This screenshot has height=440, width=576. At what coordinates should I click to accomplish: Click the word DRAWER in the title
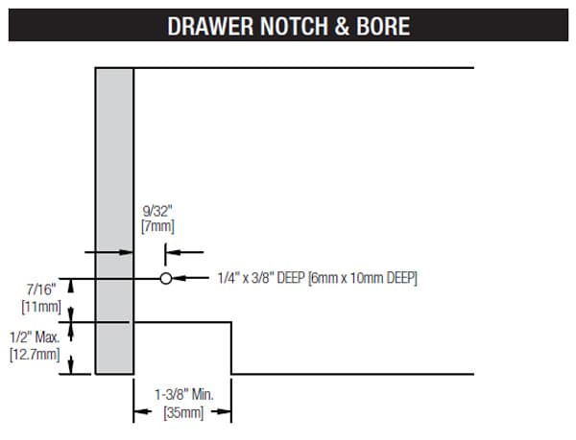pos(210,26)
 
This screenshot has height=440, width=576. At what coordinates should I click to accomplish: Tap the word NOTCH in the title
pos(295,26)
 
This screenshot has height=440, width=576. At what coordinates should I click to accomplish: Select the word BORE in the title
pos(383,26)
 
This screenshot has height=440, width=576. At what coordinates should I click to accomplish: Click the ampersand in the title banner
pos(342,26)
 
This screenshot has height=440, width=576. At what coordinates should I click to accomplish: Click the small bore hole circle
pos(166,279)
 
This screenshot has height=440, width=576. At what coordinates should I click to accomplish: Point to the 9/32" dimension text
pos(157,211)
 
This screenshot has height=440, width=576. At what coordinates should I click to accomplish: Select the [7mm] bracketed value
pos(158,226)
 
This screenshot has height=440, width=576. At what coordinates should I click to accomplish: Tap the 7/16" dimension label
pos(41,289)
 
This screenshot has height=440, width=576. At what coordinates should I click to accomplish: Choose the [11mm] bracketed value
pos(41,307)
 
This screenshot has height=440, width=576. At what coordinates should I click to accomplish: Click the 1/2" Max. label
pos(35,337)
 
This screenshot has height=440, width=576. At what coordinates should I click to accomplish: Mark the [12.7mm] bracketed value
pos(35,355)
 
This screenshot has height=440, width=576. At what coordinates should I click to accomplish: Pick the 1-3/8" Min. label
pos(184,395)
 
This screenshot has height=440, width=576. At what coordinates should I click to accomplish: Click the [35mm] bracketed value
pos(183,413)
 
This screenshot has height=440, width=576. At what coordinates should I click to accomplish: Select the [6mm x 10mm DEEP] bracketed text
pos(363,278)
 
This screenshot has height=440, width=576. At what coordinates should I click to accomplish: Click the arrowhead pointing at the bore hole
pos(179,278)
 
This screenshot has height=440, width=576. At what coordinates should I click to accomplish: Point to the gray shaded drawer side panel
pos(114,221)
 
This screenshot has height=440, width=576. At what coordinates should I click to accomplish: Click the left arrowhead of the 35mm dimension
pos(142,411)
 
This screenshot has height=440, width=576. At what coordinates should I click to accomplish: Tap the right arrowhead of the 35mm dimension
pos(223,411)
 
